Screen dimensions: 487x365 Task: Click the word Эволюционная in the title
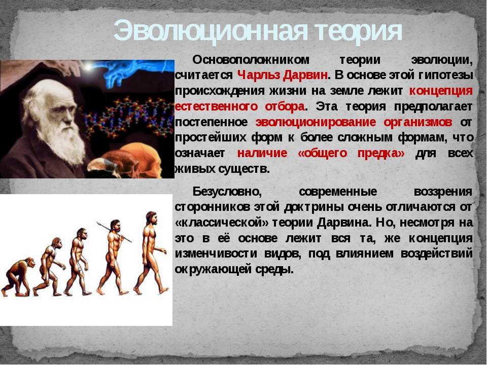211,31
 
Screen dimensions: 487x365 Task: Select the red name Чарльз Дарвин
283,75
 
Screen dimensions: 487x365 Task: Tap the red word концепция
441,91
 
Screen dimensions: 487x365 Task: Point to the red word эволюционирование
316,122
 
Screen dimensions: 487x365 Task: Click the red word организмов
418,122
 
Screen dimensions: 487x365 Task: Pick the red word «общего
322,153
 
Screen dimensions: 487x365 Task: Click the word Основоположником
251,60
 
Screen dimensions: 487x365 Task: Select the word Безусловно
227,192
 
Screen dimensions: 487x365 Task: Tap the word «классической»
222,223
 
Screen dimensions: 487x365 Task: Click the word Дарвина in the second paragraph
344,223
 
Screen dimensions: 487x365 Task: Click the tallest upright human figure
151,252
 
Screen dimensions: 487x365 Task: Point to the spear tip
97,223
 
